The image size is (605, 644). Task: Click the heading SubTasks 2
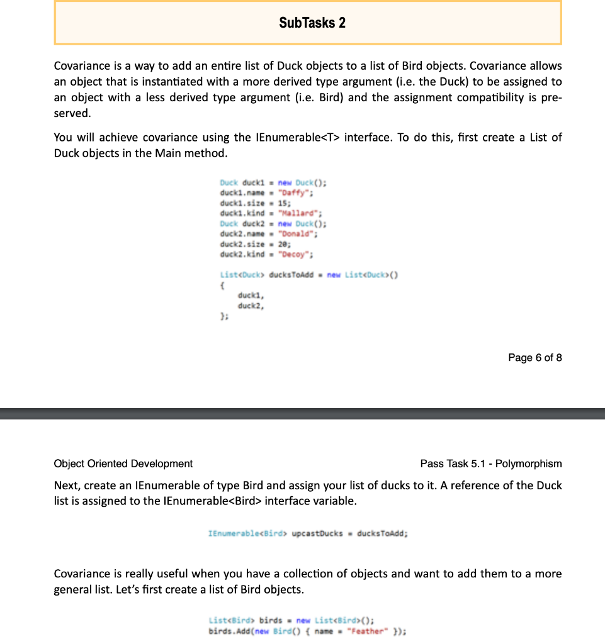click(312, 23)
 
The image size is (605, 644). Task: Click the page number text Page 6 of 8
click(534, 357)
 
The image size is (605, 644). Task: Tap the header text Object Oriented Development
click(123, 464)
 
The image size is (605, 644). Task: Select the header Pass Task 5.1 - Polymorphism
click(490, 464)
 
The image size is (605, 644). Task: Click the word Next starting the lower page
click(66, 486)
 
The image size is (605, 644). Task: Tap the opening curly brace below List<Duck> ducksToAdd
click(222, 285)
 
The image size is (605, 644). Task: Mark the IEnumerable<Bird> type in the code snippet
click(247, 533)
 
